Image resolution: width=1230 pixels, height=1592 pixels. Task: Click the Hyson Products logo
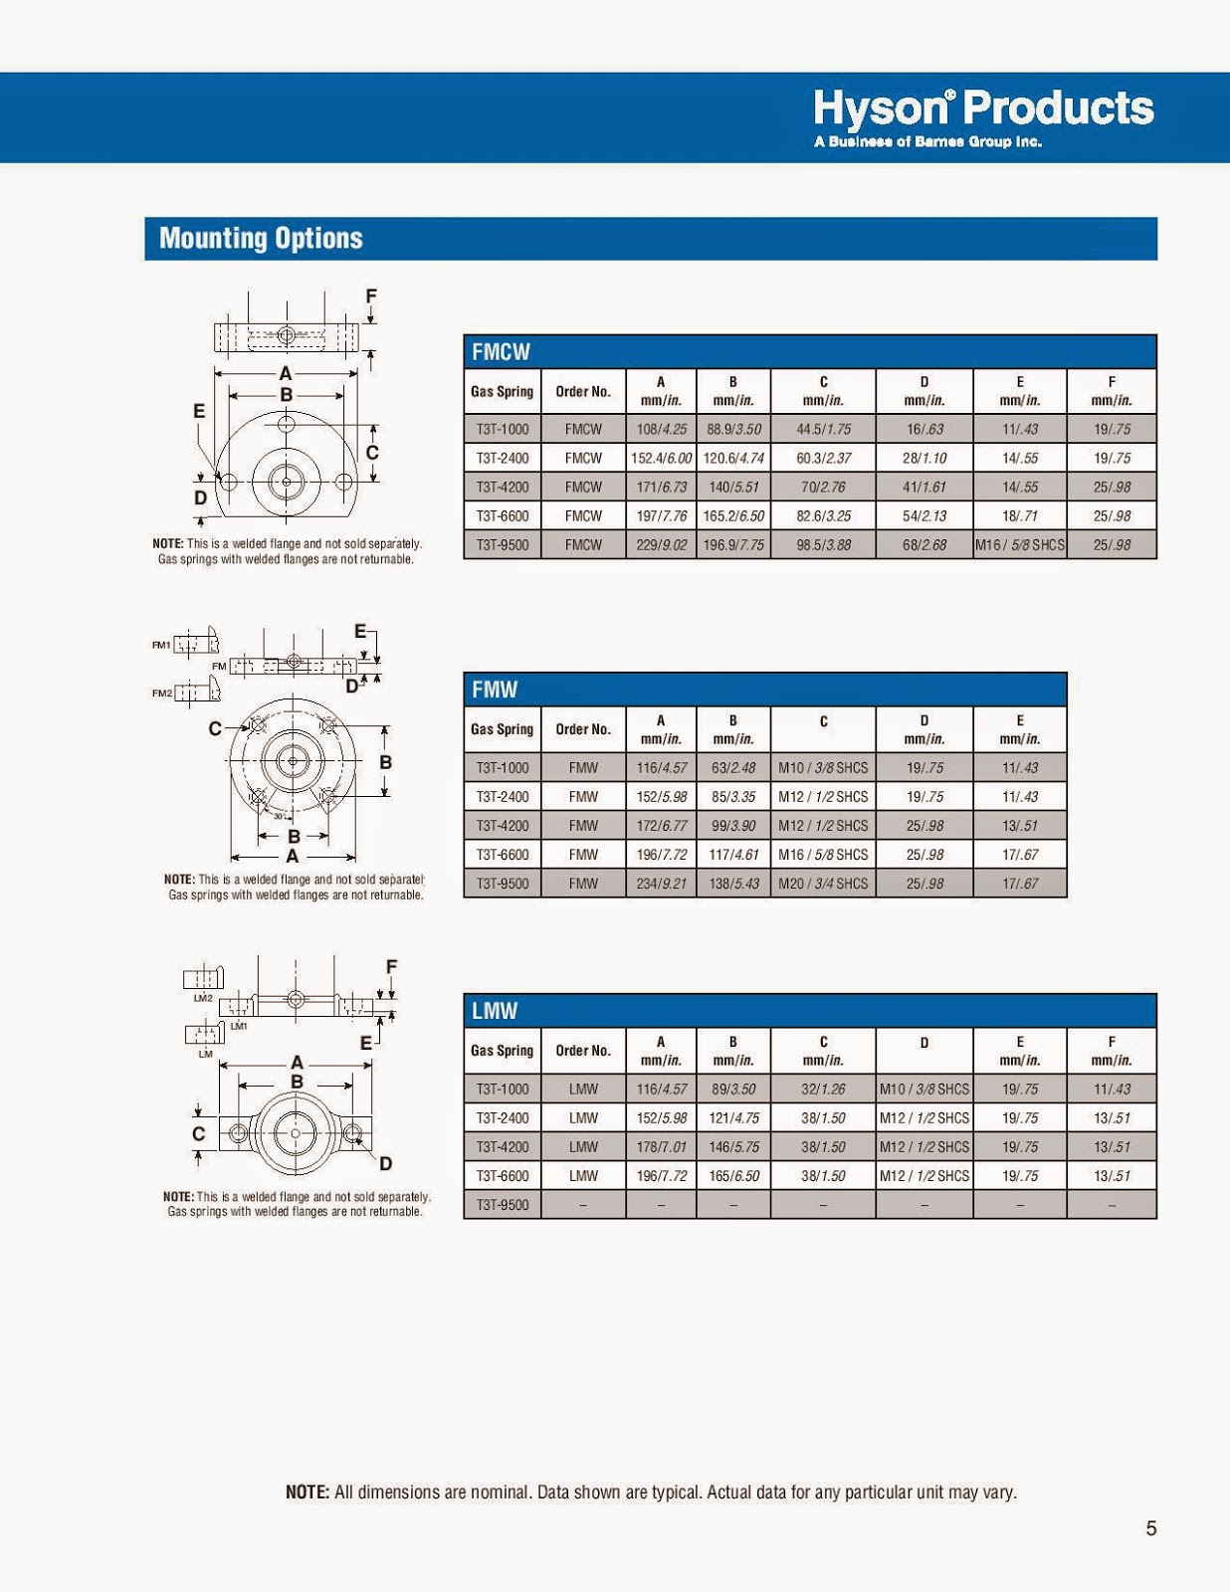[983, 117]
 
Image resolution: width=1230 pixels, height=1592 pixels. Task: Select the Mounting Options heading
[261, 238]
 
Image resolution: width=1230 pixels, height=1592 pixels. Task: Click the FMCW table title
[501, 351]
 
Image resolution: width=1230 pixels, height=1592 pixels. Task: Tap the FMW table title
[495, 690]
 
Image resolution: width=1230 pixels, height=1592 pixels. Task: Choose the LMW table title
[495, 1011]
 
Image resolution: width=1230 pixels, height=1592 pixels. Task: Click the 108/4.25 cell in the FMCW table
[661, 429]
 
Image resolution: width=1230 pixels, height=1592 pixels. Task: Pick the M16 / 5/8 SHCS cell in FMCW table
[1020, 545]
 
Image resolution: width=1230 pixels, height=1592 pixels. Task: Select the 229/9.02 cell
[661, 545]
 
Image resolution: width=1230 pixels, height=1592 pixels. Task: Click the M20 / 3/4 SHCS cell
[823, 884]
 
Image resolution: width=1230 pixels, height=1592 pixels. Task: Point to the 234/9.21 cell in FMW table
[661, 884]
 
